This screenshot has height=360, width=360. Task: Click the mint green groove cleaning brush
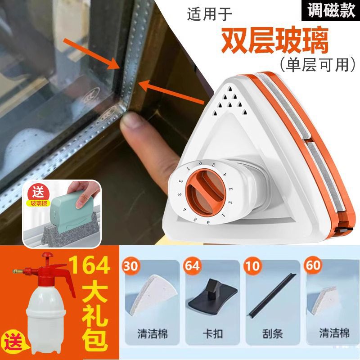point(72,210)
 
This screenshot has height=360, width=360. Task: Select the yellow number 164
point(93,266)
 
